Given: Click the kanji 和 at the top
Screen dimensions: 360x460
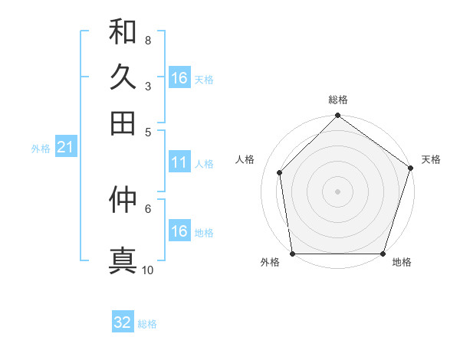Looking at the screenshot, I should pyautogui.click(x=123, y=32).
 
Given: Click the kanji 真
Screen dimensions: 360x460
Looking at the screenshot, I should pyautogui.click(x=123, y=259).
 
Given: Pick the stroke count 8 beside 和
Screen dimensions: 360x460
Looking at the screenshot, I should pyautogui.click(x=147, y=41).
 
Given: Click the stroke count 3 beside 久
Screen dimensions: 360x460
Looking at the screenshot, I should pyautogui.click(x=147, y=86).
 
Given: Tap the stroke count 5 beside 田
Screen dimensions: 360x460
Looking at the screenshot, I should pyautogui.click(x=147, y=131).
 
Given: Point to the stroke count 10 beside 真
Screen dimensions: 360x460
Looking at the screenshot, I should pyautogui.click(x=147, y=270).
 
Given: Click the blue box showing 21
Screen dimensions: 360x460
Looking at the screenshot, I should pyautogui.click(x=65, y=148).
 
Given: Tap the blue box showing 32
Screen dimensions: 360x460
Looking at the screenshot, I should pyautogui.click(x=123, y=322).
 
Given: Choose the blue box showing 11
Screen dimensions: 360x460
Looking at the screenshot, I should pyautogui.click(x=179, y=162).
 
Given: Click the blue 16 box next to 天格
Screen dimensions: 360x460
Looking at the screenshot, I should pyautogui.click(x=179, y=78).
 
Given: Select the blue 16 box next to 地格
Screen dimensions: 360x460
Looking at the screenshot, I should pyautogui.click(x=179, y=231).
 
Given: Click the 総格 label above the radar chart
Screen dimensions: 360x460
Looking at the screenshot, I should pyautogui.click(x=337, y=100).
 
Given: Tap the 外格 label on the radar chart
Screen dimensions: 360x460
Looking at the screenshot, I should pyautogui.click(x=270, y=263).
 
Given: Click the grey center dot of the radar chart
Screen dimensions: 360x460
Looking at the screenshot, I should pyautogui.click(x=337, y=191).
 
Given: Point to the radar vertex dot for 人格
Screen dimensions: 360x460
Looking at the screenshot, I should pyautogui.click(x=280, y=172).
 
